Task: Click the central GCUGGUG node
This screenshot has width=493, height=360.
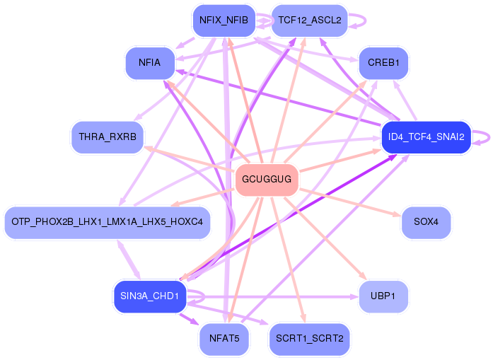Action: (x=267, y=180)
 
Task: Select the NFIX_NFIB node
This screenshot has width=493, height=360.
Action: (x=224, y=21)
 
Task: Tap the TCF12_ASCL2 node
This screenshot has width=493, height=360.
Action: (x=310, y=21)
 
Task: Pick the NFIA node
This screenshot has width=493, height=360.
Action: (x=150, y=63)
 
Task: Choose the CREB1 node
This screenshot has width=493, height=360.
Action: (x=383, y=63)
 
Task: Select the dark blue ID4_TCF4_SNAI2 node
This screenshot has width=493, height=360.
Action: (x=426, y=137)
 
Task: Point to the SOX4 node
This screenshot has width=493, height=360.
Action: (x=426, y=222)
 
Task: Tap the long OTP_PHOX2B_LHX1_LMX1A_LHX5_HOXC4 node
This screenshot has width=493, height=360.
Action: (x=108, y=222)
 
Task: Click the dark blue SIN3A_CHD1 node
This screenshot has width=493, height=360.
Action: (x=150, y=296)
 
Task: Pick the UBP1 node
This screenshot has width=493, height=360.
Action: (x=383, y=296)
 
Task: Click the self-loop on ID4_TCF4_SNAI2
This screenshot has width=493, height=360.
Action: (x=483, y=137)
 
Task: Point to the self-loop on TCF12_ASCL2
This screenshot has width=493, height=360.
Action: (x=360, y=20)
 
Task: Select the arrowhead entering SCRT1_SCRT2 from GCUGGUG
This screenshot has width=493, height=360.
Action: (x=306, y=321)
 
